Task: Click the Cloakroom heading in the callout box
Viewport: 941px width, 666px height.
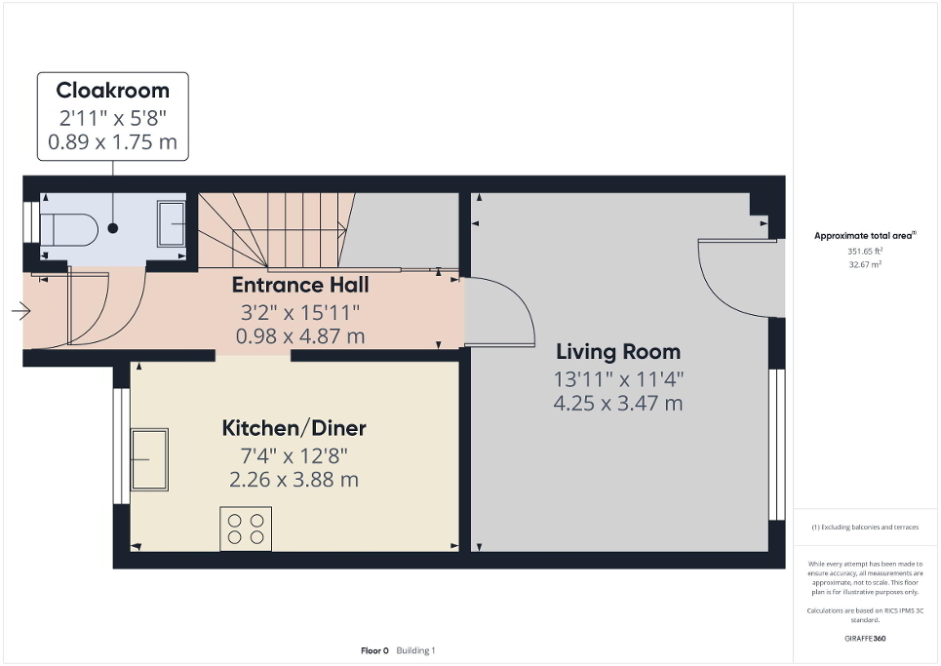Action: click(x=112, y=91)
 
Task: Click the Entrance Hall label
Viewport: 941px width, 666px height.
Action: click(x=299, y=286)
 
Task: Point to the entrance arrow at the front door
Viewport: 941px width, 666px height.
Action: click(x=20, y=312)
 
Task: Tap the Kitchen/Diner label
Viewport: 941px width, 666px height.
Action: click(x=294, y=428)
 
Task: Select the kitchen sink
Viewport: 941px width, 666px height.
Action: click(x=151, y=459)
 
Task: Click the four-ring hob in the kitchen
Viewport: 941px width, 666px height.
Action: click(x=246, y=528)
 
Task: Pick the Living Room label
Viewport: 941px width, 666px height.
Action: click(x=618, y=352)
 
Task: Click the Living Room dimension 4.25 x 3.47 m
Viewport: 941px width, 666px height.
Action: click(x=618, y=403)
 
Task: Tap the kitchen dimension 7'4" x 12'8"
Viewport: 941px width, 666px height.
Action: click(x=294, y=454)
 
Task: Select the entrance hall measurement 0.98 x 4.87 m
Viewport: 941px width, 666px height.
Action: click(x=299, y=336)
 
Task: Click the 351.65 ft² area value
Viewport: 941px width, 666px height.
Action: click(x=865, y=251)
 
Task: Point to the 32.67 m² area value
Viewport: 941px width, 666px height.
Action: click(x=865, y=264)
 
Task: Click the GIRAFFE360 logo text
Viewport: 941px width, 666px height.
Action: click(x=866, y=638)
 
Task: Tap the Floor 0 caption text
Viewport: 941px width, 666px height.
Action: click(x=374, y=650)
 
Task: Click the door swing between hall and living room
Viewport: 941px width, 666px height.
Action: click(x=501, y=312)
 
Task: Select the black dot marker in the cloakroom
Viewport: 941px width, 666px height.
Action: click(x=113, y=228)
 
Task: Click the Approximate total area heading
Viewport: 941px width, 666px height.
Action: click(x=865, y=236)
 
